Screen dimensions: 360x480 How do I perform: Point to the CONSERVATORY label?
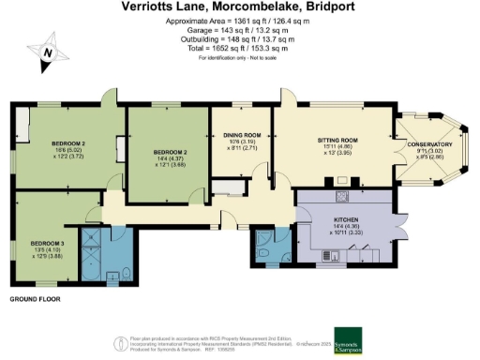(432, 144)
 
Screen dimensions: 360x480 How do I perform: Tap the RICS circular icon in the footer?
(122, 343)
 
